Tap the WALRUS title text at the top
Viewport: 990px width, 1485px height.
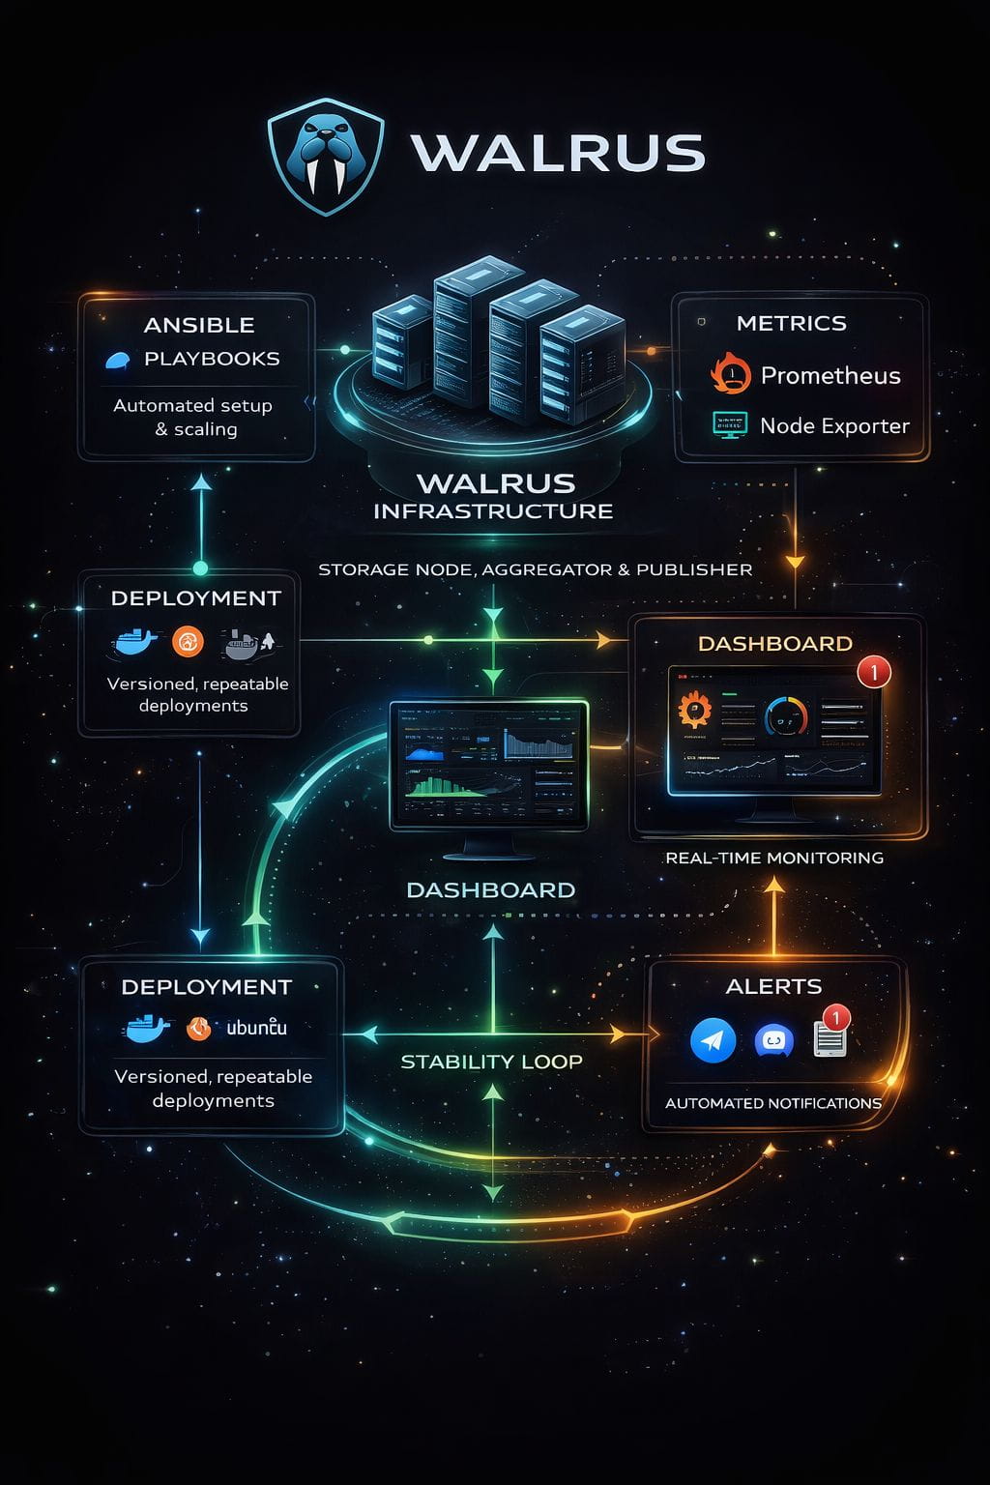(x=558, y=153)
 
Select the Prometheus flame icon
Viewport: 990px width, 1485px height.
(x=731, y=373)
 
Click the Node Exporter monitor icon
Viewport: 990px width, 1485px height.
(x=730, y=424)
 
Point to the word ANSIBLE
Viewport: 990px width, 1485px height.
(x=199, y=325)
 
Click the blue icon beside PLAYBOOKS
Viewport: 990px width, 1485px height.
(x=118, y=361)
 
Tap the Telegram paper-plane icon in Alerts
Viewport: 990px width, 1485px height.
(x=713, y=1040)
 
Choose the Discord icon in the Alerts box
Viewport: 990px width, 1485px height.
(x=772, y=1041)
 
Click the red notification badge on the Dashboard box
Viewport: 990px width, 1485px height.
(x=874, y=671)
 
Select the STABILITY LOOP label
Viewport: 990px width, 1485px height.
(x=491, y=1062)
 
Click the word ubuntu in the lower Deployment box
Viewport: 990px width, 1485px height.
(x=256, y=1028)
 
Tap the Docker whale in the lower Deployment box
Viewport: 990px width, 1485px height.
(x=147, y=1028)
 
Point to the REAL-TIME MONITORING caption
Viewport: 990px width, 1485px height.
(x=774, y=858)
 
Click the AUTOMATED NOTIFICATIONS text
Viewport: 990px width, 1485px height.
(x=772, y=1103)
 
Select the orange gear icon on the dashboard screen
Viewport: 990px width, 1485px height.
(x=694, y=711)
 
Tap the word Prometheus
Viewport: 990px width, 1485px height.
(x=830, y=375)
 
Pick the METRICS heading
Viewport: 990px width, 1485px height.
(x=791, y=323)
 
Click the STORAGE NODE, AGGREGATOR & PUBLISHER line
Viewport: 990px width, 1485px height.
(x=535, y=569)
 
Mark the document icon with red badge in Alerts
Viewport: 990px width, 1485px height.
(x=830, y=1037)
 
